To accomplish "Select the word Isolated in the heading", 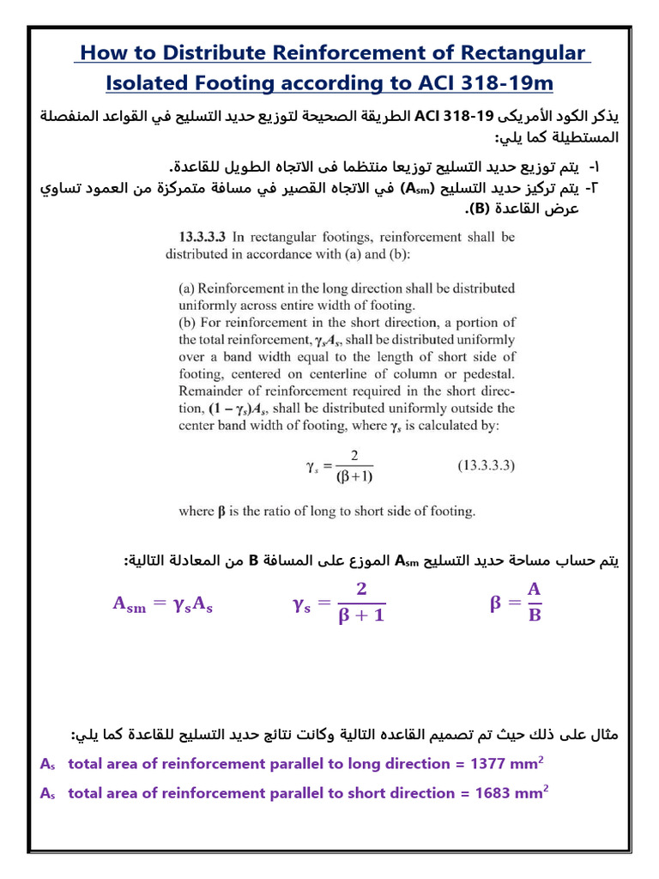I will tap(153, 82).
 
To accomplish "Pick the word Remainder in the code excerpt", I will tap(211, 391).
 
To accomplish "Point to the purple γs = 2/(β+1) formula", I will tap(338, 604).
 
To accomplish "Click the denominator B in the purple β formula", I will tap(535, 617).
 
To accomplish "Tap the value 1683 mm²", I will tap(513, 793).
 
